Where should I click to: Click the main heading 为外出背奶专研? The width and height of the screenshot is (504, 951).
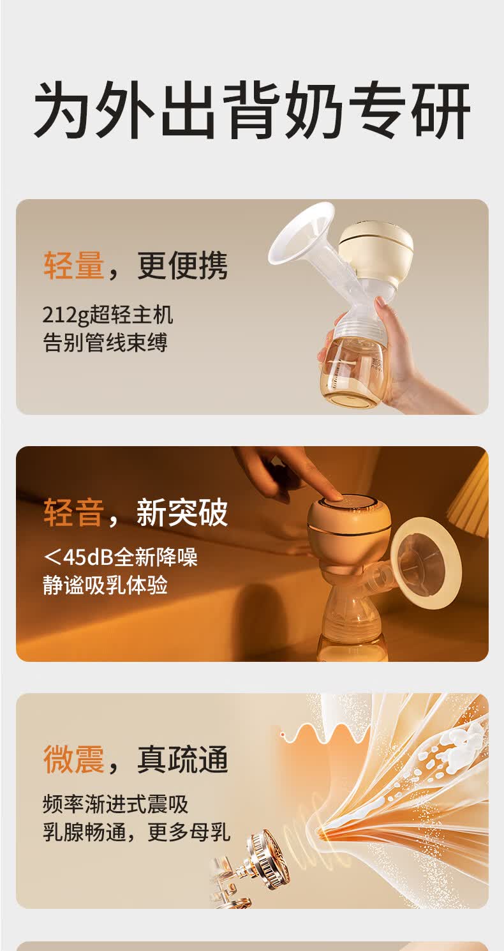(252, 111)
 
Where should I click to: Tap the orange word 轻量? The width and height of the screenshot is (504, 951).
(73, 265)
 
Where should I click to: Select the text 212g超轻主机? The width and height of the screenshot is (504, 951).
(108, 315)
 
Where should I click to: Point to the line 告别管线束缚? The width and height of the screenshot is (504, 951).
(105, 343)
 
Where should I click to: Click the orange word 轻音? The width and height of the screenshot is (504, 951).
(73, 513)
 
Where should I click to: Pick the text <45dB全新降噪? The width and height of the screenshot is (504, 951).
(121, 557)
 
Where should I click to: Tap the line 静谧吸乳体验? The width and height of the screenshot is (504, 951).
(105, 585)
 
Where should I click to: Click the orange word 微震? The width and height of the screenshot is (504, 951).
(73, 760)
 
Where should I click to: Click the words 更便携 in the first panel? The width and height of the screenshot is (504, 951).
(182, 265)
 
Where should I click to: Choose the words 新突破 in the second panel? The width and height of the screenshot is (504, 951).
(182, 513)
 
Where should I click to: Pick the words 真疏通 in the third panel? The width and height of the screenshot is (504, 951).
(182, 760)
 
